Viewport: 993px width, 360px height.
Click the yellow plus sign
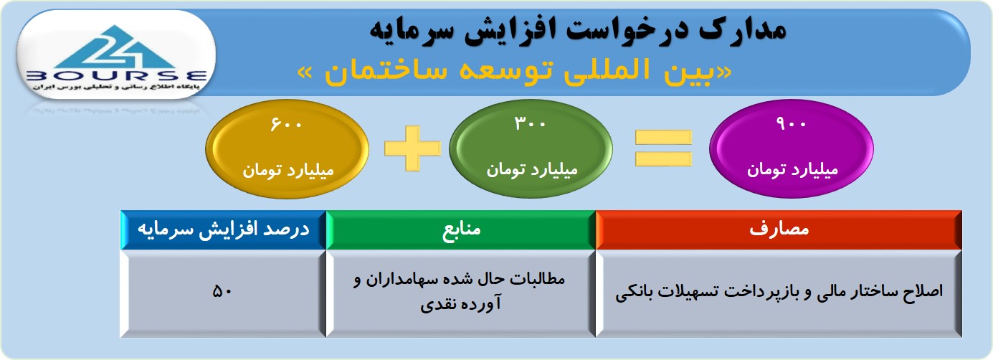[x=412, y=148]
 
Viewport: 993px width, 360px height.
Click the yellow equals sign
[x=663, y=148]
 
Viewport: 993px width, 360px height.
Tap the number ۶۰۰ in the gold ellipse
[x=286, y=123]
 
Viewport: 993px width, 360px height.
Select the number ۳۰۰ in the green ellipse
[x=530, y=123]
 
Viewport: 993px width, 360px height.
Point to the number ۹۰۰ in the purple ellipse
[x=792, y=123]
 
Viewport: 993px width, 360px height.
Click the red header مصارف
[x=779, y=229]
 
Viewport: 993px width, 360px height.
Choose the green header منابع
[x=461, y=229]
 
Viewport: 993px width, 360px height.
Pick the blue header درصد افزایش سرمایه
[x=224, y=229]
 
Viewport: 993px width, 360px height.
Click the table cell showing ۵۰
[x=223, y=293]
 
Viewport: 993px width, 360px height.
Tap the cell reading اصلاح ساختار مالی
[x=779, y=293]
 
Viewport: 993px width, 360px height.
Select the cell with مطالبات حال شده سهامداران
[x=461, y=293]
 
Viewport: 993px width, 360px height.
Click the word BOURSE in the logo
[x=116, y=76]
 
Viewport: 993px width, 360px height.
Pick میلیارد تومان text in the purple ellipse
[x=792, y=170]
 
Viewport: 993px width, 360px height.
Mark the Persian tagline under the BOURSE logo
[x=116, y=87]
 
